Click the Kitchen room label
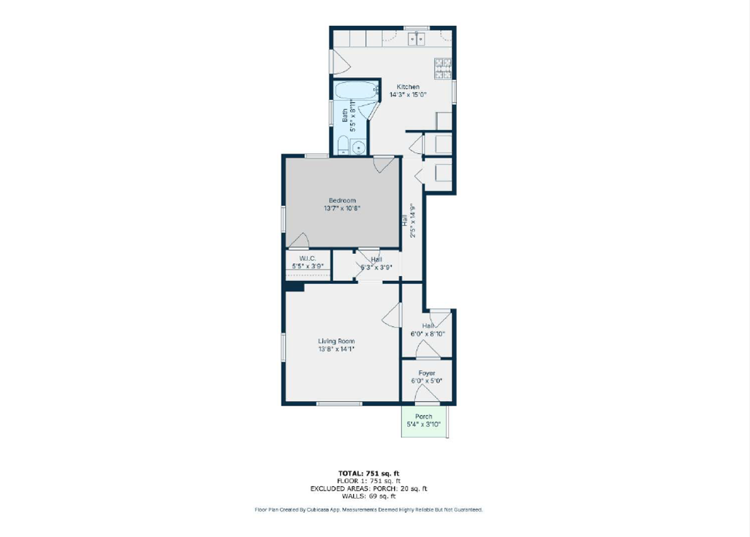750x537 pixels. (x=408, y=87)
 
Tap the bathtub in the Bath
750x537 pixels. (x=356, y=90)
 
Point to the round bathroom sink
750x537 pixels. (x=358, y=147)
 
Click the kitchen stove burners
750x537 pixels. (x=443, y=69)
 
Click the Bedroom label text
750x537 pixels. (x=342, y=200)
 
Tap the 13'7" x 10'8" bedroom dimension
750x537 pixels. (x=342, y=208)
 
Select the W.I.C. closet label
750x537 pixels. (x=307, y=259)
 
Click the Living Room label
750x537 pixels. (x=336, y=341)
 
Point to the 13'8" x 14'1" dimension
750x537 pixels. (x=336, y=349)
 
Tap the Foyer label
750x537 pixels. (x=426, y=373)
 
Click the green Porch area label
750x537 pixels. (x=423, y=416)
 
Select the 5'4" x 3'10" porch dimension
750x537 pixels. (x=423, y=425)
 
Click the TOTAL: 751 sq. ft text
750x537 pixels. (x=369, y=473)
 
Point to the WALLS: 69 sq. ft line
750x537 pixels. (x=369, y=496)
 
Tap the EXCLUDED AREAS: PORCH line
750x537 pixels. (x=369, y=489)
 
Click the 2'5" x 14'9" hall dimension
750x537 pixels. (x=413, y=220)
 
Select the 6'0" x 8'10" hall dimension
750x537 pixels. (x=427, y=334)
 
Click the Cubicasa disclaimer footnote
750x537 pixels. (x=369, y=510)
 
